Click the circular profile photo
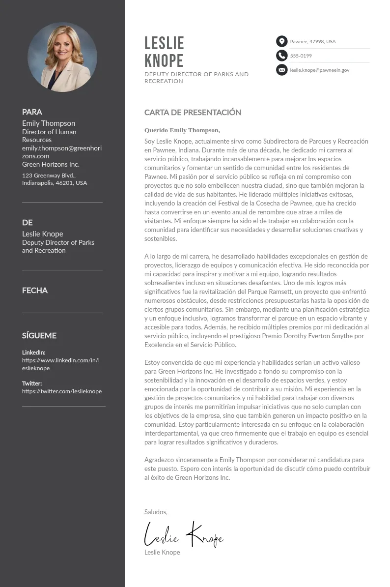click(x=62, y=57)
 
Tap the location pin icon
click(x=281, y=41)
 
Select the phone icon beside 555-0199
click(x=281, y=56)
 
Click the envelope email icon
click(x=281, y=70)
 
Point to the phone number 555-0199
click(x=301, y=56)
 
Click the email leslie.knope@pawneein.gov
click(x=319, y=70)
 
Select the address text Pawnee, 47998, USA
click(x=313, y=42)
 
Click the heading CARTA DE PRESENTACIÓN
click(x=193, y=113)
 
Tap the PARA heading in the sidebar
click(x=32, y=112)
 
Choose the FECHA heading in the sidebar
click(x=35, y=291)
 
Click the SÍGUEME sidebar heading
click(x=39, y=336)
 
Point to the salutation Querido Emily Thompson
click(x=182, y=130)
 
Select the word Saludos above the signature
click(x=156, y=512)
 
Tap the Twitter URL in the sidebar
click(x=62, y=391)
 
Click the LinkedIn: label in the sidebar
click(x=33, y=352)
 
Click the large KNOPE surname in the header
click(x=164, y=61)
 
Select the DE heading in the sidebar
click(x=28, y=223)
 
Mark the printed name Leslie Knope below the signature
click(x=162, y=553)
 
